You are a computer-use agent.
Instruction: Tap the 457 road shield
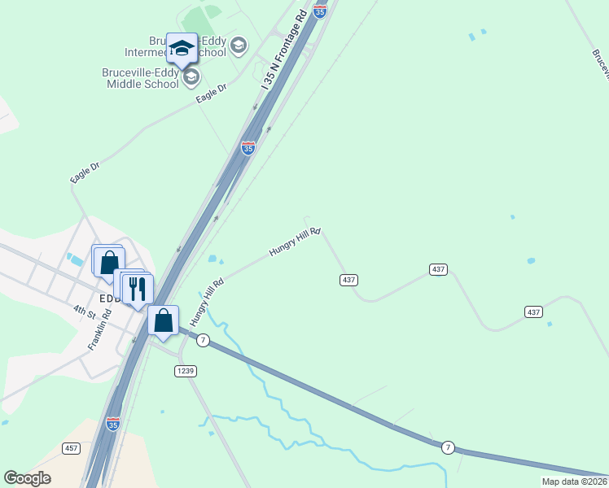point(71,448)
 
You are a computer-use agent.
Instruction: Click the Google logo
point(27,478)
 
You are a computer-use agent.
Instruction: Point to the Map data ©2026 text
point(574,481)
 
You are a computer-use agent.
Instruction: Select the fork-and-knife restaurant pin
point(138,289)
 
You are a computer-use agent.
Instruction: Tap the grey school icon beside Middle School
point(191,77)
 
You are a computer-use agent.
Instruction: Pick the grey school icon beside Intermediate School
point(238,45)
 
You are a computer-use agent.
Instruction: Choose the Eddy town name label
point(109,298)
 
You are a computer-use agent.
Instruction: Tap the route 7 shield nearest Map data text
point(447,447)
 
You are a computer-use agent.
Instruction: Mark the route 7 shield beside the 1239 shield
point(203,340)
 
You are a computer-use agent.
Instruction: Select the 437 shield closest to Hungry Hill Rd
point(348,280)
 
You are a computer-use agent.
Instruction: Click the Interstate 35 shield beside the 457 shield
point(113,424)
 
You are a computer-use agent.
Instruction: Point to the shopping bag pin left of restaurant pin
point(109,262)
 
